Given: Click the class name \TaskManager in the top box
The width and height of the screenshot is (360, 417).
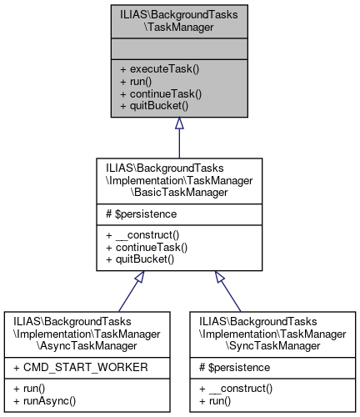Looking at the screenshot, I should (x=179, y=26).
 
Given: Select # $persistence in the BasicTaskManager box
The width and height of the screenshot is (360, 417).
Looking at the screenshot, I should (x=140, y=214).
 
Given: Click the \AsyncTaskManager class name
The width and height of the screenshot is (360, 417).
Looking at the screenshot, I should (x=89, y=344).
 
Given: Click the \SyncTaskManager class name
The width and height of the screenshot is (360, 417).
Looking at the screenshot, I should (x=270, y=344).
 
